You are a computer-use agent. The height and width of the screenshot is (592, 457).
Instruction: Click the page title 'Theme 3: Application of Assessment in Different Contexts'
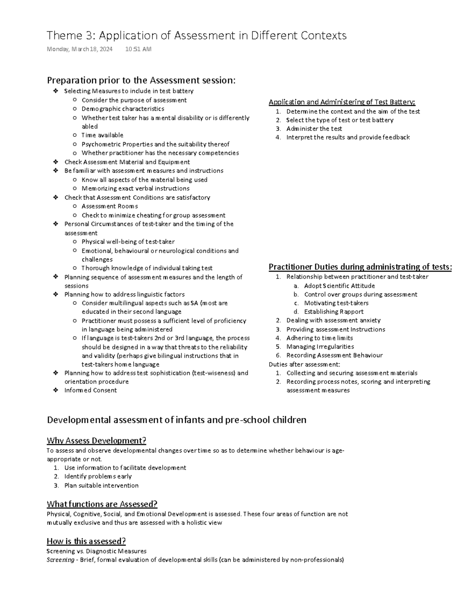coord(196,35)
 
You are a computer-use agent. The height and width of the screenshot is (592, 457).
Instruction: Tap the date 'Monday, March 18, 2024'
coord(79,49)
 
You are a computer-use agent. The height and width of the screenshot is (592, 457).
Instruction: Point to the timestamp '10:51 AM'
coord(138,49)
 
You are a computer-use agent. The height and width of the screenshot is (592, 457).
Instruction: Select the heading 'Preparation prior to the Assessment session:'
coord(141,80)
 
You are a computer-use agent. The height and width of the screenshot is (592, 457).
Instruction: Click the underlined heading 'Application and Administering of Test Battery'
coord(342,102)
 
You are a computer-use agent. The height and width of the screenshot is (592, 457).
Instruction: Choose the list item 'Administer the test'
coord(314,128)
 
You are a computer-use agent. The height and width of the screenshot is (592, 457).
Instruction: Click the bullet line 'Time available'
coord(102,135)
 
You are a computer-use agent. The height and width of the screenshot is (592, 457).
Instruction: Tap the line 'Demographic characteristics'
coord(123,109)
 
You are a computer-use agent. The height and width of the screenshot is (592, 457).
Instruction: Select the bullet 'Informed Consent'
coord(90,390)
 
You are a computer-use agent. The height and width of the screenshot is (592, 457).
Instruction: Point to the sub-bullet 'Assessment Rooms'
coord(110,206)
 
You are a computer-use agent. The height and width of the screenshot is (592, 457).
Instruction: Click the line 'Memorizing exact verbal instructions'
coord(135,188)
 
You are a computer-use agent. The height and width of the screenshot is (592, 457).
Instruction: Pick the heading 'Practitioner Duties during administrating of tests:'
coord(360,267)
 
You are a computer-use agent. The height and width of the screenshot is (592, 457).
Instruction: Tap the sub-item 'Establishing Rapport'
coord(334,311)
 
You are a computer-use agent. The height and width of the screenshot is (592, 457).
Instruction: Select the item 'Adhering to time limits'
coord(320,338)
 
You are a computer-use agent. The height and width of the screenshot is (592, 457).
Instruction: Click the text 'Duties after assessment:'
coord(304,364)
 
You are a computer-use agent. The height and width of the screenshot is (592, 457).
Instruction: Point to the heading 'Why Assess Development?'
coord(96,441)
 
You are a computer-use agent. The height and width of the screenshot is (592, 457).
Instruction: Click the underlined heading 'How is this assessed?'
coord(86,541)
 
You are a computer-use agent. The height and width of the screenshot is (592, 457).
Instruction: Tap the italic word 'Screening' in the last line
coord(60,560)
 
